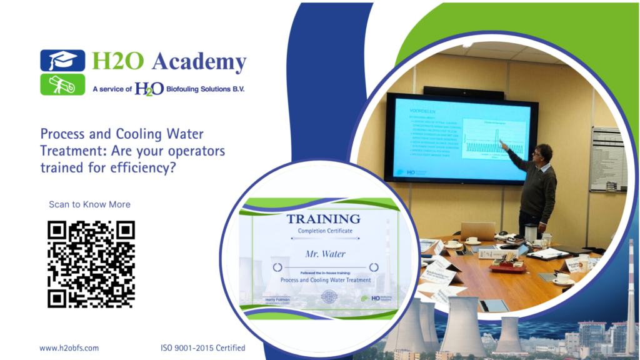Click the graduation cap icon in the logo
point(62,61)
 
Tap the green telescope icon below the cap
point(62,84)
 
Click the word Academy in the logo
point(199,61)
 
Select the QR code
point(91,264)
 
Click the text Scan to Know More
point(89,204)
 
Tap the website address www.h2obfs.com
point(69,348)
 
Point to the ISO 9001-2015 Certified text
point(202,348)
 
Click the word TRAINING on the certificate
point(323,219)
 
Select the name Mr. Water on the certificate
point(325,254)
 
